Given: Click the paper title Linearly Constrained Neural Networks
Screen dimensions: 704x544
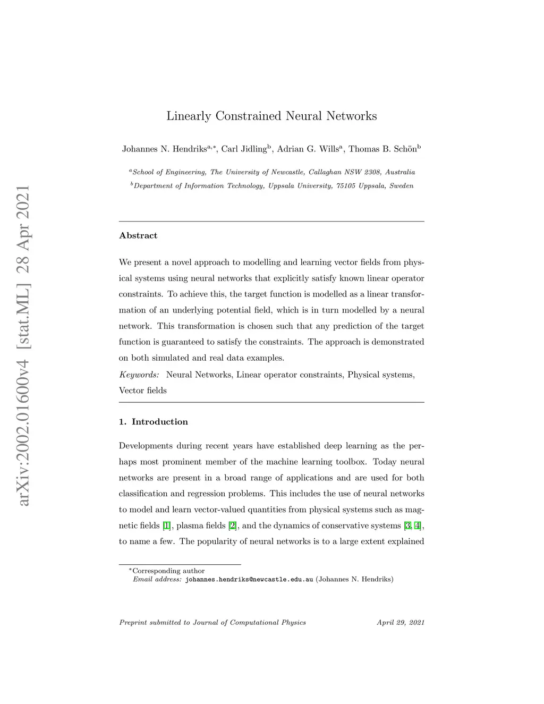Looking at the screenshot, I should [271, 116].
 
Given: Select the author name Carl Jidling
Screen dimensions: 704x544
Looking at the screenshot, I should [244, 149].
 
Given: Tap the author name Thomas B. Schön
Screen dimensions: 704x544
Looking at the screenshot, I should [382, 149].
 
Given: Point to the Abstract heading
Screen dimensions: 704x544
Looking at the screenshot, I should [138, 235].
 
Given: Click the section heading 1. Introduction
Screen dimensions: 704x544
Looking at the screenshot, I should [154, 422].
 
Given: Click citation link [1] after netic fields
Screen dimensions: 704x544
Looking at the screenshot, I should [167, 526].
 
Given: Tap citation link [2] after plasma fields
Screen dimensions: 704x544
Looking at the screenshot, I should [232, 526].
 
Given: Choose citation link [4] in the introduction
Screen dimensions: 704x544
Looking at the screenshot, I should [418, 526].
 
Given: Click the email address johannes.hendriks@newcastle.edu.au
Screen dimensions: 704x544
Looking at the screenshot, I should [249, 579].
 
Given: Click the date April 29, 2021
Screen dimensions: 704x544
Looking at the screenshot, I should [401, 623].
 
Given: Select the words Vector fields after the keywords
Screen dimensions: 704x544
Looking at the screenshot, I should [143, 391].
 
